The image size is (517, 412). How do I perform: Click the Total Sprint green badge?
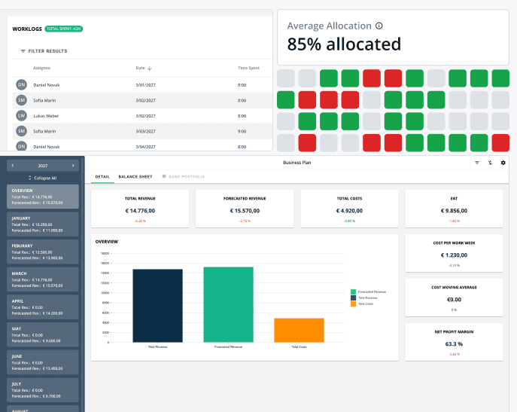[63, 29]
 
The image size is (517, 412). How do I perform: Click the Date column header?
[144, 68]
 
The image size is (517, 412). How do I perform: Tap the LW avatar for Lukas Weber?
[21, 116]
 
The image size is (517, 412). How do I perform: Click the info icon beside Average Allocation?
[379, 26]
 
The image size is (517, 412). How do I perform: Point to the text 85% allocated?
[344, 44]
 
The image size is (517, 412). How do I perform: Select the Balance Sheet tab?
[135, 176]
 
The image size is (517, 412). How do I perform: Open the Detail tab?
[102, 176]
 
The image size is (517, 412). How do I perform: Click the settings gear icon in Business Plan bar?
[503, 162]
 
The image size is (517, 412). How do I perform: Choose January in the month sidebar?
[42, 224]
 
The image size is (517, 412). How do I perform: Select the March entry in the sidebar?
[42, 279]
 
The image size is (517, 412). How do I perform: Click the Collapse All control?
[42, 178]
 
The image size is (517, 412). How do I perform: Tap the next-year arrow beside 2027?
[73, 165]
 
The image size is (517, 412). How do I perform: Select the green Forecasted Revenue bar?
[229, 304]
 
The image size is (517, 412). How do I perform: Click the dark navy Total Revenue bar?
[157, 305]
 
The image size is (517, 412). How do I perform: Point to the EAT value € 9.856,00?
[454, 211]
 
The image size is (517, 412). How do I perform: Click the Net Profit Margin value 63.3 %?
[454, 343]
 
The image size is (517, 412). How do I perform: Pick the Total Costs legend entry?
[366, 304]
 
